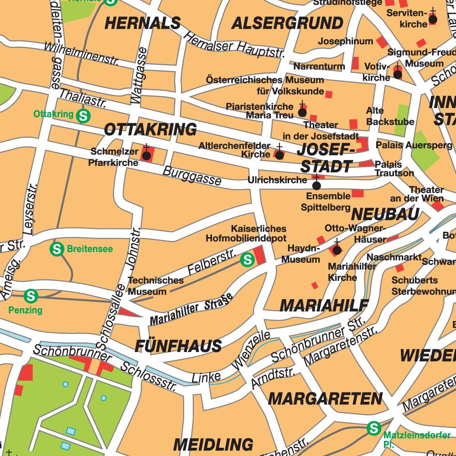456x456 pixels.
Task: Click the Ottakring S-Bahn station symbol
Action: point(83,116)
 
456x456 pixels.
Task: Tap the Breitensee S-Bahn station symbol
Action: point(57,249)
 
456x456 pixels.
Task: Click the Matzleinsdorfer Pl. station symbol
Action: point(374,428)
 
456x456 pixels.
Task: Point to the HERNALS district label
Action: point(143,23)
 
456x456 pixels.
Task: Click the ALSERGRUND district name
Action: point(287,23)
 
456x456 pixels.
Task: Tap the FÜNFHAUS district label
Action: point(178,346)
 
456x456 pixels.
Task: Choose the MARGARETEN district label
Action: point(325,399)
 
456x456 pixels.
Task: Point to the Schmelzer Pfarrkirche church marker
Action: point(146,155)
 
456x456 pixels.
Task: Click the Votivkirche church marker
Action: point(398,73)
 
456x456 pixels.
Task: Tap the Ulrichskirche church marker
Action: point(316,185)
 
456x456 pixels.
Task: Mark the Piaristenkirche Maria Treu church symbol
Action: point(302,112)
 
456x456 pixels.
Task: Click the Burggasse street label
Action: point(192,176)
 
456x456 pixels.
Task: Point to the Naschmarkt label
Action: point(394,257)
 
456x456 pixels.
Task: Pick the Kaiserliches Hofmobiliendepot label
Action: point(246,233)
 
